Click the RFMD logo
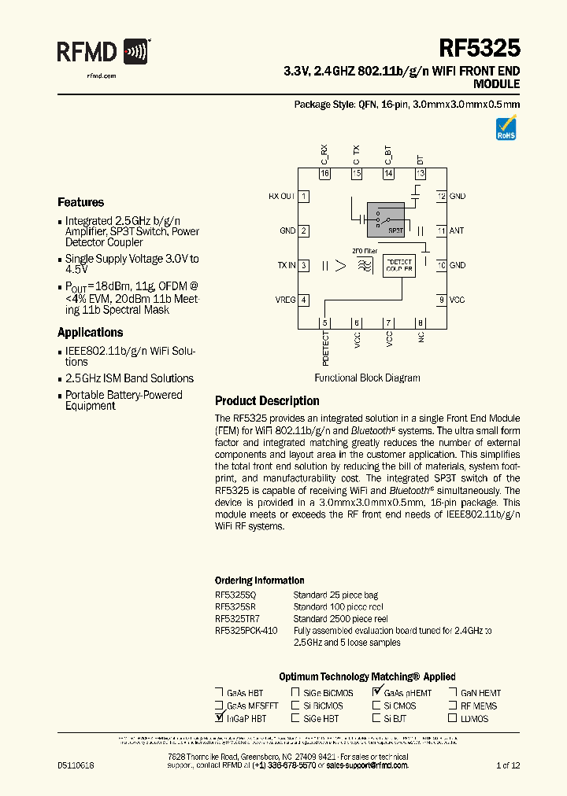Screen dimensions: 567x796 click(x=103, y=53)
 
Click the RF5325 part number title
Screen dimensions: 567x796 click(x=479, y=49)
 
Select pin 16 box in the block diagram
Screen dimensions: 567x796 click(x=324, y=173)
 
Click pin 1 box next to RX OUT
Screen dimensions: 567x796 click(x=303, y=196)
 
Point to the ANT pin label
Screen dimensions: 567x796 click(x=457, y=230)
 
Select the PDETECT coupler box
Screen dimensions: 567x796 click(x=399, y=265)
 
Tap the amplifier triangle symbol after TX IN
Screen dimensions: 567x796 click(x=340, y=266)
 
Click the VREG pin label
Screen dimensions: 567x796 click(x=286, y=300)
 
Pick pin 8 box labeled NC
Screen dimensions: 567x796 click(x=420, y=322)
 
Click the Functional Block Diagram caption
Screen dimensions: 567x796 click(x=367, y=378)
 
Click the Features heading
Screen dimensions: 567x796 click(x=80, y=202)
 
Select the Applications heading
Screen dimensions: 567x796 click(x=91, y=332)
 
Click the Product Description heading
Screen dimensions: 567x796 click(x=267, y=400)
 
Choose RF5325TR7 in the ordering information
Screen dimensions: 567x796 click(x=235, y=618)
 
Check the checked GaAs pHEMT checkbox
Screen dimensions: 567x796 click(x=377, y=692)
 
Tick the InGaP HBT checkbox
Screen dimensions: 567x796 click(x=219, y=718)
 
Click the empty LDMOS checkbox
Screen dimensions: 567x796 click(x=453, y=718)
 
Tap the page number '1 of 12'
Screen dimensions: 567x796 click(x=507, y=765)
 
